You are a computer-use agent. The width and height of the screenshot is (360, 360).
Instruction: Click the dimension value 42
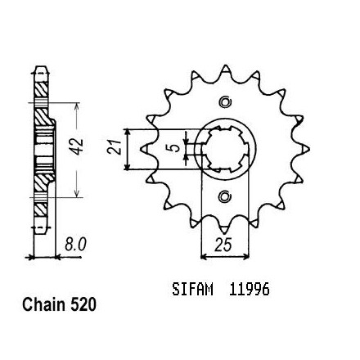(x=78, y=146)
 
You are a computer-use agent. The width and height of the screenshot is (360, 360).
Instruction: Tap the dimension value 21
(x=115, y=147)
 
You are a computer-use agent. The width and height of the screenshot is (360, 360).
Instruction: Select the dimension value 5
(x=176, y=148)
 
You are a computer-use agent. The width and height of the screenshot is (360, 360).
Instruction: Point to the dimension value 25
(x=223, y=245)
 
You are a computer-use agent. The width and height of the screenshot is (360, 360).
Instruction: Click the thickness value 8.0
(x=75, y=245)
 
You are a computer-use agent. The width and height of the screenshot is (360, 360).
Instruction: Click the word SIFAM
(x=192, y=289)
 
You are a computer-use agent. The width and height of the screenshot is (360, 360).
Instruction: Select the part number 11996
(x=250, y=289)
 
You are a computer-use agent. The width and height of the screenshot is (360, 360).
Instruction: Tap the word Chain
(x=44, y=304)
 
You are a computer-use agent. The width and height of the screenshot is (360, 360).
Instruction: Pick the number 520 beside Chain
(x=83, y=304)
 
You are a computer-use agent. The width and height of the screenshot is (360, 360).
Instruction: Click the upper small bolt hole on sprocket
(x=226, y=102)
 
